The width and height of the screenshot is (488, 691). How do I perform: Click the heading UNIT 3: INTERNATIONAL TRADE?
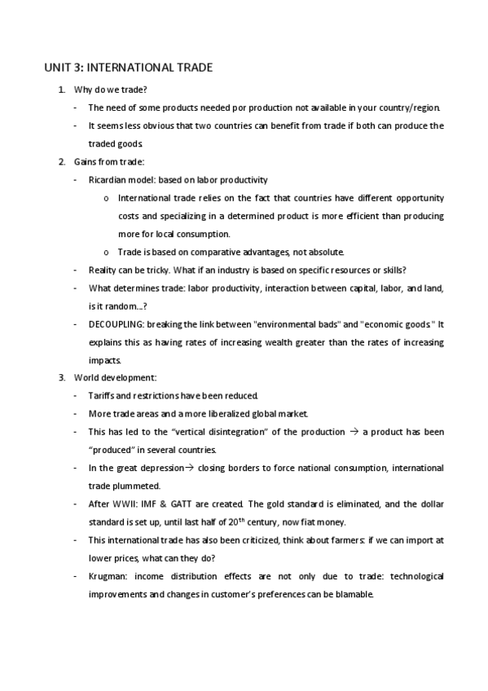(128, 68)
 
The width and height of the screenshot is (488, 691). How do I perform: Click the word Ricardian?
(107, 179)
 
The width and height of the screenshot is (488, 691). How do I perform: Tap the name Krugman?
(107, 576)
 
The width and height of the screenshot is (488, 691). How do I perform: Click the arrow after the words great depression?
(185, 468)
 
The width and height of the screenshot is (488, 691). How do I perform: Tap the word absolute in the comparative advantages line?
(325, 251)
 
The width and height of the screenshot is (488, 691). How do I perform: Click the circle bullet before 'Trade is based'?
(107, 252)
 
